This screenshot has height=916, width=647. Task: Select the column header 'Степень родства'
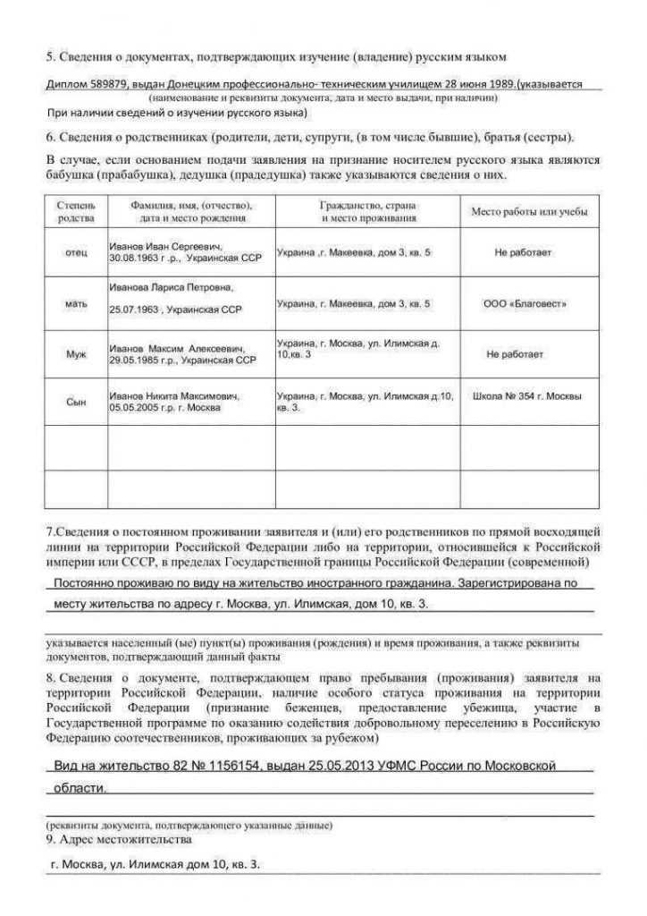76,211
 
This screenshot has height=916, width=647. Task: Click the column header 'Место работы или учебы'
529,211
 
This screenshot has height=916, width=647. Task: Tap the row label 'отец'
76,252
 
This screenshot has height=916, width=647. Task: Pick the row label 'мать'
76,304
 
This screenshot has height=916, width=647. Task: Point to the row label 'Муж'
76,354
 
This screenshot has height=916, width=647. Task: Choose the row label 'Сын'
76,401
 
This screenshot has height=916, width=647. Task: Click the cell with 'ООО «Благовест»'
525,304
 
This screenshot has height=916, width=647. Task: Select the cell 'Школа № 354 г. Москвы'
527,395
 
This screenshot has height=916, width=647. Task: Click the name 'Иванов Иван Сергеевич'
165,245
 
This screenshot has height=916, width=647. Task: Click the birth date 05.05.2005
134,406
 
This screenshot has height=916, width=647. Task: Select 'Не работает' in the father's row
523,252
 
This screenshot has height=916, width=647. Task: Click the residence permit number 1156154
219,766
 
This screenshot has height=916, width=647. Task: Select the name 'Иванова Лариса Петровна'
171,287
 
